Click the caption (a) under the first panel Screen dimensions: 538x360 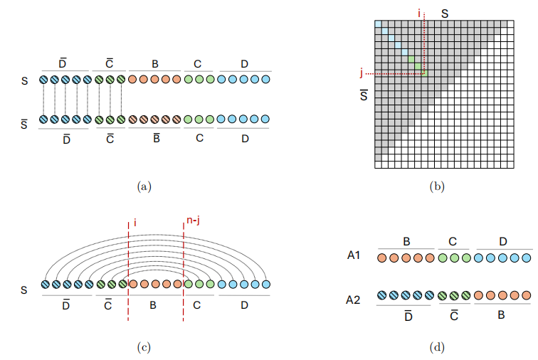click(144, 186)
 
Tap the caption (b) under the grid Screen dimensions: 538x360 click(436, 186)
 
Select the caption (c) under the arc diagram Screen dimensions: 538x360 click(144, 347)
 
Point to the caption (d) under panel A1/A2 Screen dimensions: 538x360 click(436, 347)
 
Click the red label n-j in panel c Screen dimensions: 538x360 click(191, 221)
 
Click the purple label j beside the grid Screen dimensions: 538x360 click(362, 73)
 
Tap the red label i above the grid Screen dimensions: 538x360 click(420, 12)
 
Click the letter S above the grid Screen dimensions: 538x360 click(445, 12)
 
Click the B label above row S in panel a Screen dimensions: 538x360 click(154, 65)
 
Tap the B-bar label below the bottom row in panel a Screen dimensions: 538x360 click(154, 137)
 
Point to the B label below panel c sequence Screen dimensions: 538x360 click(154, 306)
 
